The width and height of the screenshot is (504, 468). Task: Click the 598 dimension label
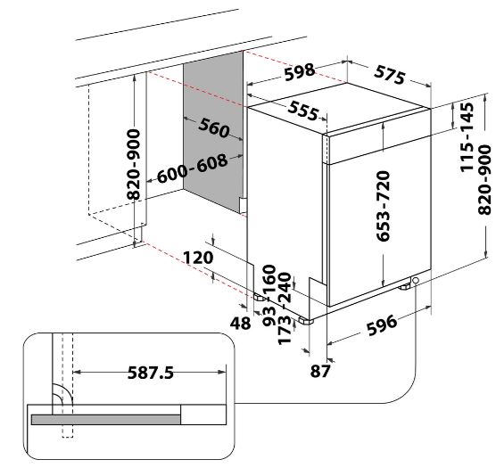(x=300, y=72)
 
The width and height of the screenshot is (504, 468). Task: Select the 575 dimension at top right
(x=389, y=75)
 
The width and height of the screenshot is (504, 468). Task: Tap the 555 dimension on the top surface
(x=303, y=111)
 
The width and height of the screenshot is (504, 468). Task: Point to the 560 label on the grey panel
(x=214, y=127)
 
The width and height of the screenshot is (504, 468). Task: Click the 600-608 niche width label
(x=192, y=168)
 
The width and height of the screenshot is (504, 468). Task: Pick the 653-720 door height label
(x=384, y=206)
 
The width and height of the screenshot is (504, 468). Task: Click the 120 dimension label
(x=198, y=258)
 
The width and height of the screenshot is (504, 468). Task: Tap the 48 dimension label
(x=240, y=323)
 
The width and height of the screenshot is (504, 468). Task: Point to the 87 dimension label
(x=320, y=371)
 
